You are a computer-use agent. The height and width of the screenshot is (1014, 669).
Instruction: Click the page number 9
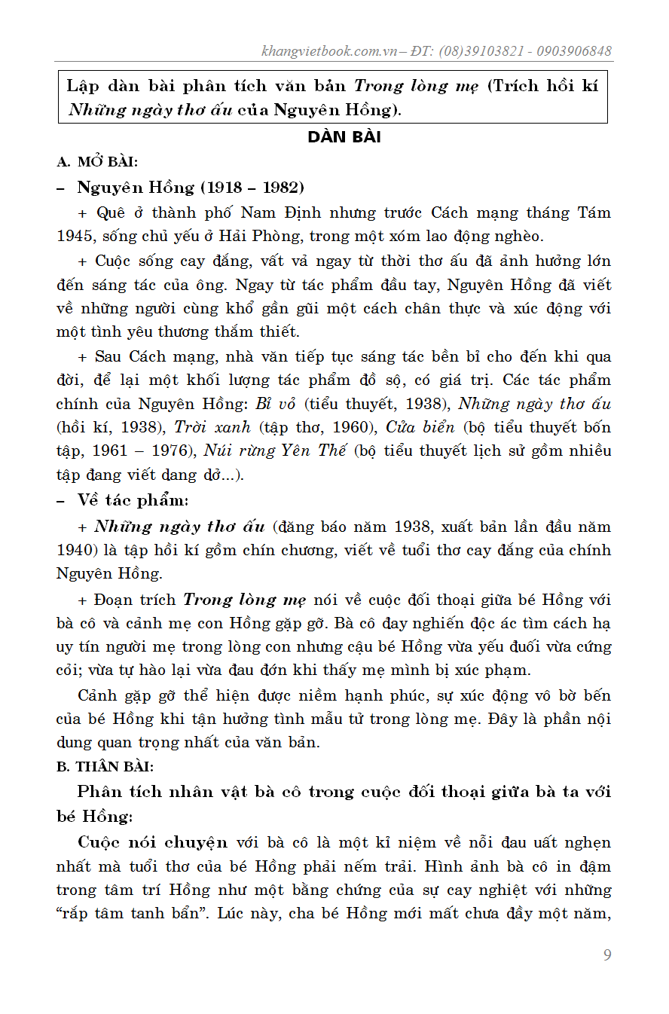[607, 955]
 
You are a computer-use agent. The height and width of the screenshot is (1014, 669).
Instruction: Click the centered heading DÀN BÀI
[344, 137]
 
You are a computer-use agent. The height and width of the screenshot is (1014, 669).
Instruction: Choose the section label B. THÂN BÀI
[105, 767]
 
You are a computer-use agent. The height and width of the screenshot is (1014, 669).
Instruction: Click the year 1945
[74, 236]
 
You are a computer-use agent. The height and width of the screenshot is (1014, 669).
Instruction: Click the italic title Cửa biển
[420, 427]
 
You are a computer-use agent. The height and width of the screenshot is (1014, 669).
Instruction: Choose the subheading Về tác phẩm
[133, 500]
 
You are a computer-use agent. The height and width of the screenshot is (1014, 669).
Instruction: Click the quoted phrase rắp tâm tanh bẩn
[133, 914]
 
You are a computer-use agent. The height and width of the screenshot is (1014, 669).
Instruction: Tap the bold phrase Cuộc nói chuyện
[152, 841]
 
